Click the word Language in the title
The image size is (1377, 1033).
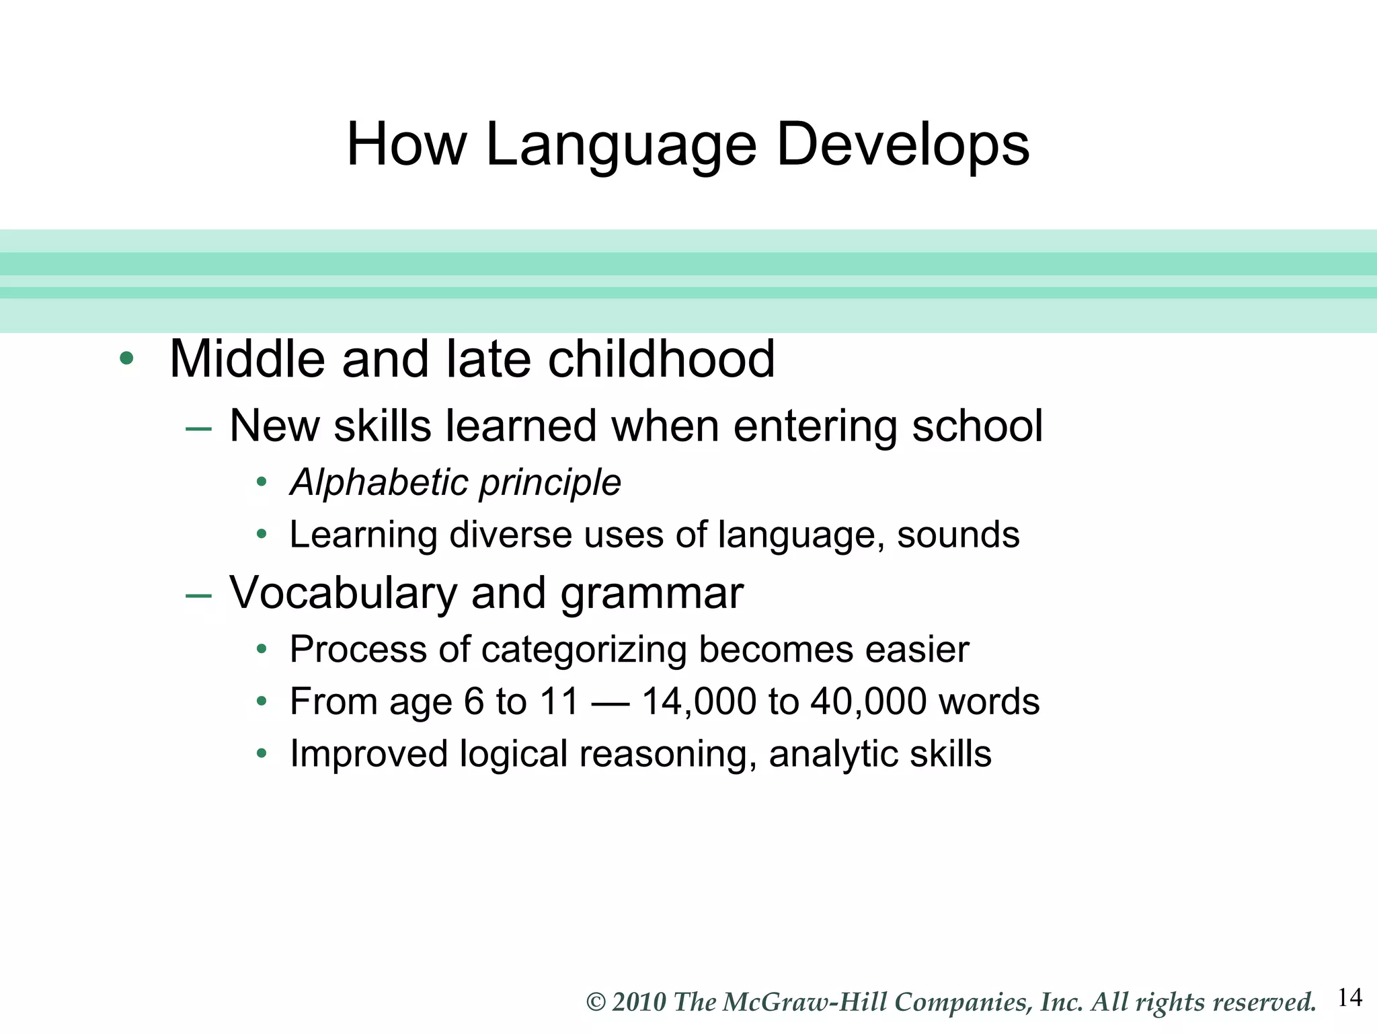coord(621,146)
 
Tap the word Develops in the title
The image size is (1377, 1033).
coord(902,146)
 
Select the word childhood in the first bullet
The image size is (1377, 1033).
coord(662,359)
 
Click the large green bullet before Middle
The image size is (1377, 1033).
coord(126,358)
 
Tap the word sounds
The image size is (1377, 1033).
coord(958,535)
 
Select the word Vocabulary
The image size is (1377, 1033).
coord(344,594)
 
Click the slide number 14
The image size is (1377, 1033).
coord(1349,997)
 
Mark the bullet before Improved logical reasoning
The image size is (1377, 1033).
coord(262,753)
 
